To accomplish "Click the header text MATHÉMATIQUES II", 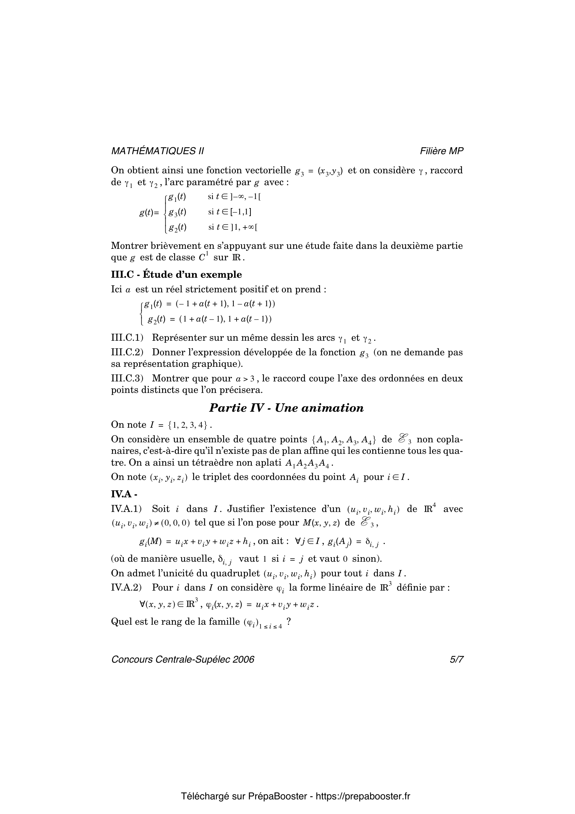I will (157, 151).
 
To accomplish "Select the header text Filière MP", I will (441, 151).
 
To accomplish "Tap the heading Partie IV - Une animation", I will (286, 408).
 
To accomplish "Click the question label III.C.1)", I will (127, 338).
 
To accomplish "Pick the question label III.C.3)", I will (127, 378).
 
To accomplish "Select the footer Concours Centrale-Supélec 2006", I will (183, 659).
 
